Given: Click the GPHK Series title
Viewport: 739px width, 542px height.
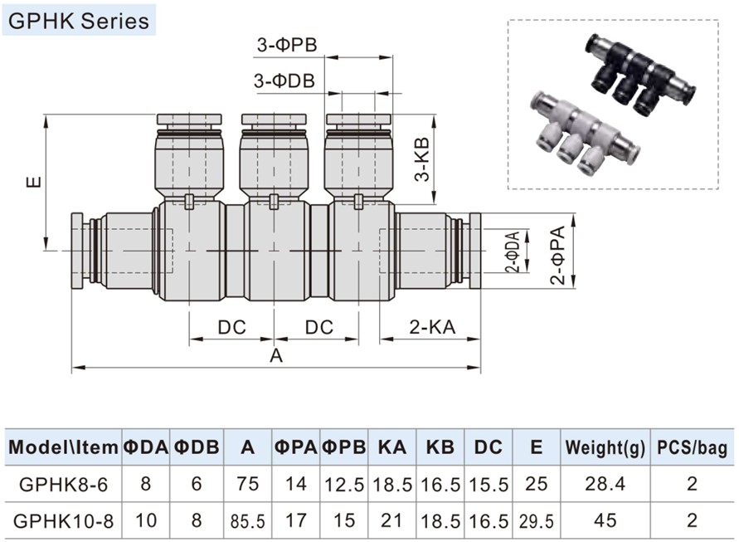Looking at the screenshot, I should [80, 19].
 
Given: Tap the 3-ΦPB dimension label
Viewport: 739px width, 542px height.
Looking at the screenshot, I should [287, 46].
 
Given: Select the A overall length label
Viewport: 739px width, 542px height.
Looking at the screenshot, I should [276, 355].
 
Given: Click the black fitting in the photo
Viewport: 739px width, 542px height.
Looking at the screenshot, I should [638, 76].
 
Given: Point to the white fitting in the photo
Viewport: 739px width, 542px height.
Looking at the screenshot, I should [577, 133].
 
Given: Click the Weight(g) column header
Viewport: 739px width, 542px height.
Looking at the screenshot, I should [605, 448].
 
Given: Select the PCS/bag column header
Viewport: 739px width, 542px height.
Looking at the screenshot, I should [693, 448].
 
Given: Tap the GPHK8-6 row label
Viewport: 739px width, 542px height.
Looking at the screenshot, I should [63, 484].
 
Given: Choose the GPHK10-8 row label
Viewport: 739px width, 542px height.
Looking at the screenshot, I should [63, 520].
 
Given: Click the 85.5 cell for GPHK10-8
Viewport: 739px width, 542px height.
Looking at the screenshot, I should [248, 521].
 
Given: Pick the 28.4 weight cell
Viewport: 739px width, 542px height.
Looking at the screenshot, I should [605, 484].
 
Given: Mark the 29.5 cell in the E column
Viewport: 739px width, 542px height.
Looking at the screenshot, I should [537, 521].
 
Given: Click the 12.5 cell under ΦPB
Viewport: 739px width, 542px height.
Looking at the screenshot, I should [344, 484].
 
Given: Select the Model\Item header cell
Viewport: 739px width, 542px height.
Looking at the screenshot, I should [63, 448].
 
